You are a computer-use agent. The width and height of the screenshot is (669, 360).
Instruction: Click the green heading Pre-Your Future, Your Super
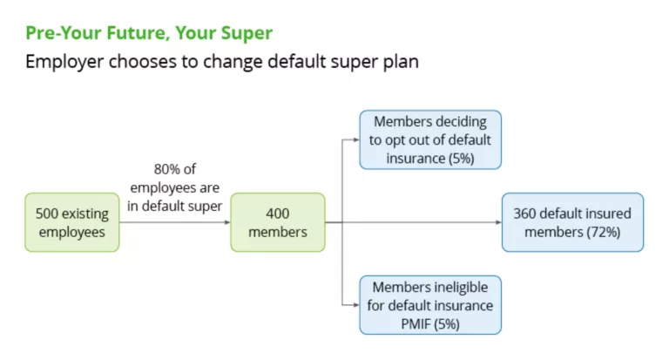click(149, 34)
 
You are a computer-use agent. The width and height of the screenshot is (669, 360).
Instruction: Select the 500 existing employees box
click(71, 222)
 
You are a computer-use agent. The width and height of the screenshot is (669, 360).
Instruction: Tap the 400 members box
click(277, 222)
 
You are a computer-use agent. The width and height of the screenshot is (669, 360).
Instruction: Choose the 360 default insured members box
click(572, 222)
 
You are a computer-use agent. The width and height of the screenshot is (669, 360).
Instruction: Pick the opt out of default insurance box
click(430, 139)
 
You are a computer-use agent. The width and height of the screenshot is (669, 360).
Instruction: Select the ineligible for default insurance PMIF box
click(430, 305)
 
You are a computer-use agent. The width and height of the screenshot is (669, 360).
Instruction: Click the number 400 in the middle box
click(277, 213)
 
